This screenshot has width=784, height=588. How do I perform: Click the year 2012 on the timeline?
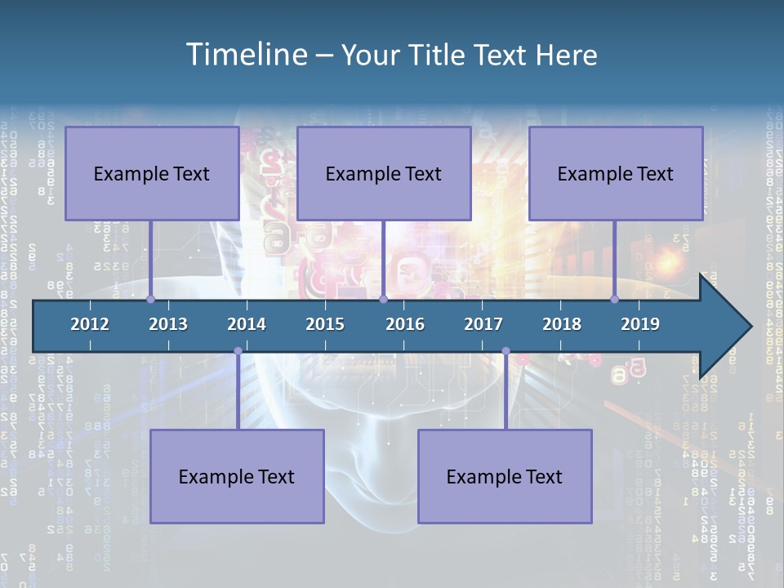pos(90,324)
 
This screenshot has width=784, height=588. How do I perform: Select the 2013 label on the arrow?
pos(168,324)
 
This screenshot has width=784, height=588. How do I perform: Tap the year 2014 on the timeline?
pos(247,324)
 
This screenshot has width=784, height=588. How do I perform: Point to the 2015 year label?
pos(325,324)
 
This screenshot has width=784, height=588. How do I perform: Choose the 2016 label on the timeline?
pos(405,324)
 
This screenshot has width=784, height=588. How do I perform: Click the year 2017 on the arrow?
pos(483,324)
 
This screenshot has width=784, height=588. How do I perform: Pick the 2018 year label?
pos(562,324)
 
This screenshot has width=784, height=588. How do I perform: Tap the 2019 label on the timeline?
pos(640,324)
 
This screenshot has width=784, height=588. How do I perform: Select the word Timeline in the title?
pos(247,54)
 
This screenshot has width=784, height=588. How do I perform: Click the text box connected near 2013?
pos(152,173)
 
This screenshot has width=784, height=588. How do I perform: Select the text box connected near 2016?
pos(384,173)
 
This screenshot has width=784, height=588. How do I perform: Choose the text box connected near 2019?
pos(616,173)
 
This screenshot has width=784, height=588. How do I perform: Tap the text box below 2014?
pos(237,476)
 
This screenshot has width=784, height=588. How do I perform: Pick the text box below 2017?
pos(505,476)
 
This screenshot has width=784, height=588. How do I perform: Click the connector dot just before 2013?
pos(151,300)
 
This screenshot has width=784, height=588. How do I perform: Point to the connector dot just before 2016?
pos(383,300)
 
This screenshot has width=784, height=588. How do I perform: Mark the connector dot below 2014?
pos(238,351)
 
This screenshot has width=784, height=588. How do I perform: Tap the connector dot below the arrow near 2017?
pos(506,351)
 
